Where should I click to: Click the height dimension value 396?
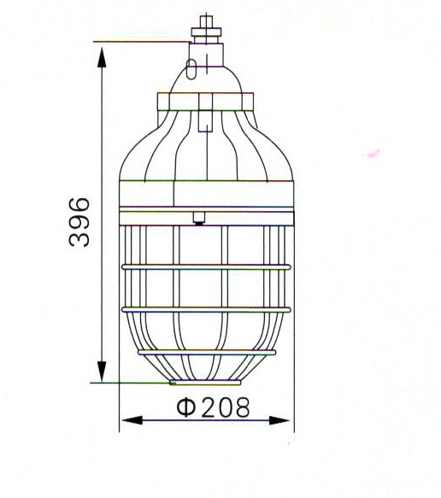[79, 221]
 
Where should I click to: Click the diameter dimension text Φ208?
[214, 407]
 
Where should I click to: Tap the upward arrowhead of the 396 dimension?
[102, 56]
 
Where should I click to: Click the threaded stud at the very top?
[205, 21]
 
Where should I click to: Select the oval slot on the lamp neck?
[193, 67]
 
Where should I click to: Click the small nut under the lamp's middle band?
[198, 217]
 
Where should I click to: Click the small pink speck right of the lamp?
[372, 155]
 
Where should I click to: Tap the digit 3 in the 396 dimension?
[79, 238]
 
